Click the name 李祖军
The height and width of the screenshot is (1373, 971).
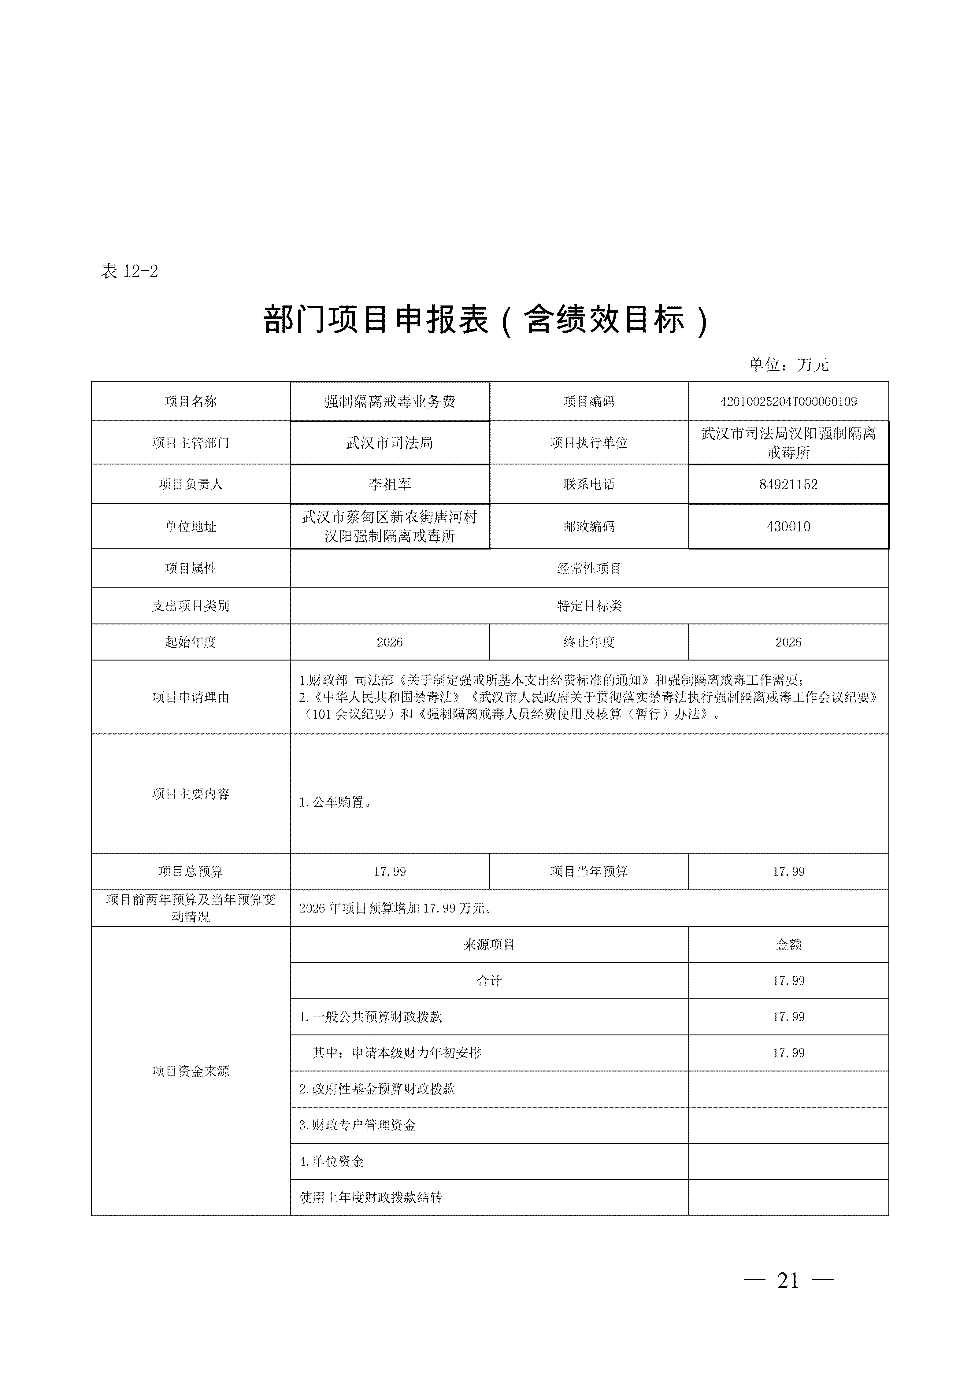point(390,484)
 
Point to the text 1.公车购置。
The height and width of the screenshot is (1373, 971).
point(335,802)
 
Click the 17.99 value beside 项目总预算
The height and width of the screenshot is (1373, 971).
point(390,872)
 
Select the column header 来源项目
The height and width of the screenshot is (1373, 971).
point(489,945)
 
